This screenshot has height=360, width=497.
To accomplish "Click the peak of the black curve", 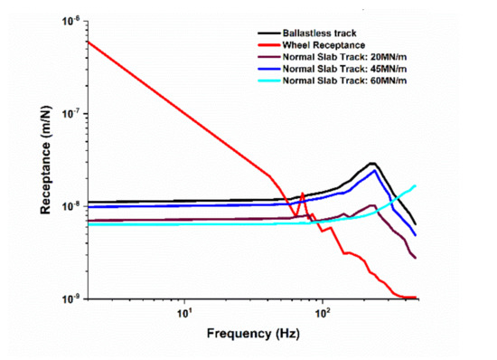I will click(x=372, y=163).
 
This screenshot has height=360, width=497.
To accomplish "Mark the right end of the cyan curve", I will click(x=416, y=185).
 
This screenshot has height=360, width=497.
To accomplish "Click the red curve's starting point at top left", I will click(x=88, y=41).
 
